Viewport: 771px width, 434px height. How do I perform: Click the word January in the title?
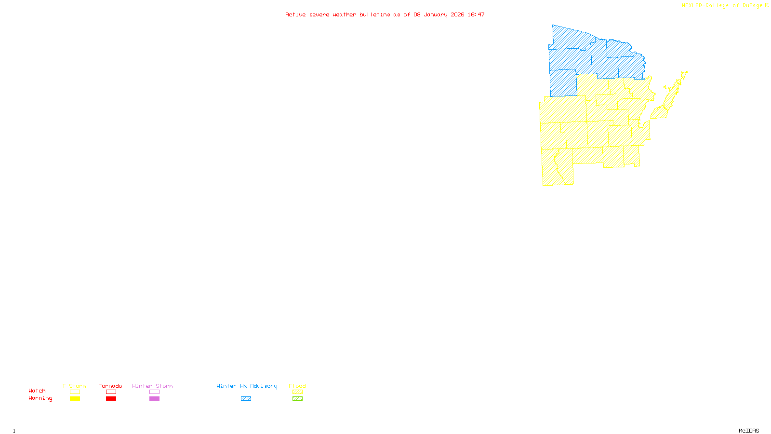(436, 15)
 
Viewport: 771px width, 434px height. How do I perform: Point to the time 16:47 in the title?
(476, 15)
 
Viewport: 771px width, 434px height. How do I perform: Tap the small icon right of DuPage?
(767, 5)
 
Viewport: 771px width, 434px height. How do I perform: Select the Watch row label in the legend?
(37, 391)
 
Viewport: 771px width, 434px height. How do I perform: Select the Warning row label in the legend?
(40, 398)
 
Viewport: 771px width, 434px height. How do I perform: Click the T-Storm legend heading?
(74, 386)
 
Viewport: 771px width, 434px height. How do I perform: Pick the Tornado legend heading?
(110, 386)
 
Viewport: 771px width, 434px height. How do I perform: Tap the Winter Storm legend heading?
(152, 386)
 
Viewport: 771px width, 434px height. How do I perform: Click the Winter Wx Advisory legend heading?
(247, 386)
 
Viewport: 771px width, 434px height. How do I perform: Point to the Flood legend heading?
(297, 386)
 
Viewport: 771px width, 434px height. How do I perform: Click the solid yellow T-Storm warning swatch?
(75, 399)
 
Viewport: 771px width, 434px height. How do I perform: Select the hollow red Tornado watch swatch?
(111, 392)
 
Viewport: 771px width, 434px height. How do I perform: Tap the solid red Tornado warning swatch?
(111, 399)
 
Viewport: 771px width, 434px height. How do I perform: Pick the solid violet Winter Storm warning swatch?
(154, 399)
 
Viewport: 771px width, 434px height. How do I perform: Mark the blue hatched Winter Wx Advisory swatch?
(246, 399)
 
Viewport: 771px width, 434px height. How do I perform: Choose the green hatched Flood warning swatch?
(297, 399)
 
